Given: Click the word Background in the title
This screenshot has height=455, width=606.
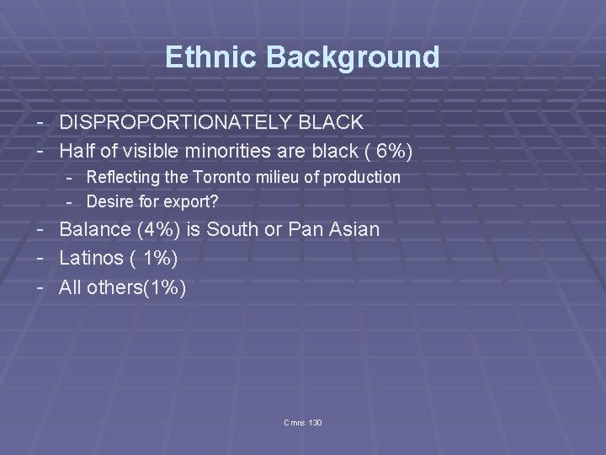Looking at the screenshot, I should pos(353,57).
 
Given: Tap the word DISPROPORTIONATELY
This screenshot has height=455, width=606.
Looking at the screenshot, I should pos(175,122).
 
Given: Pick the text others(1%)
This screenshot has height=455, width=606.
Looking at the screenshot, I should pos(136,287).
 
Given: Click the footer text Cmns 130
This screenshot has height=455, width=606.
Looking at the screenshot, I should pos(303,422).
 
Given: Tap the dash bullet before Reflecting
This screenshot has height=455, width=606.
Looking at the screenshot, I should pos(72,177).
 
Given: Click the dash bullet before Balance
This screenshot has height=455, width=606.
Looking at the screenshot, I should pos(41,229).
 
